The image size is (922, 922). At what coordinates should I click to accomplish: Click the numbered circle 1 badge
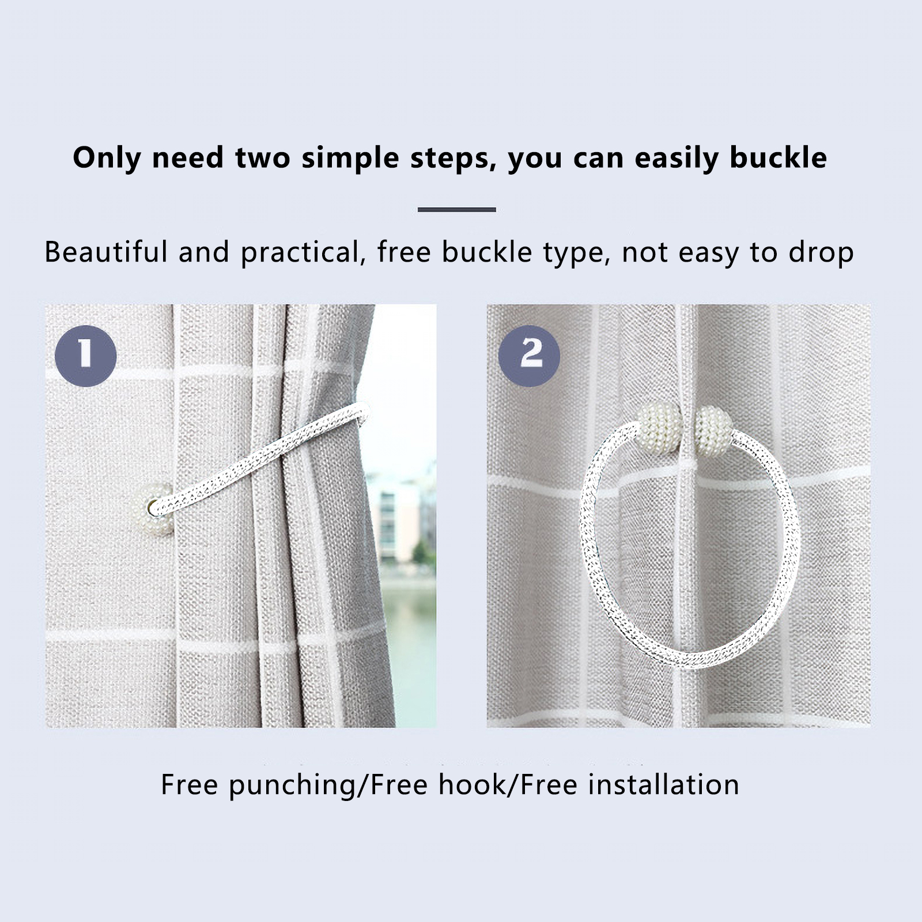coord(86,356)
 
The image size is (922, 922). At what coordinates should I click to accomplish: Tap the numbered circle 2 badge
coord(529,356)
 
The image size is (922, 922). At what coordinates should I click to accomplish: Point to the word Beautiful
coord(106,252)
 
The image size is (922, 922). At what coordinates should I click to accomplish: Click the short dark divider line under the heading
coord(457,210)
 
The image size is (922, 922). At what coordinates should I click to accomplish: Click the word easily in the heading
coord(677,158)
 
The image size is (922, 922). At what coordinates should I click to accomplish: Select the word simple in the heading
coord(350,158)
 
